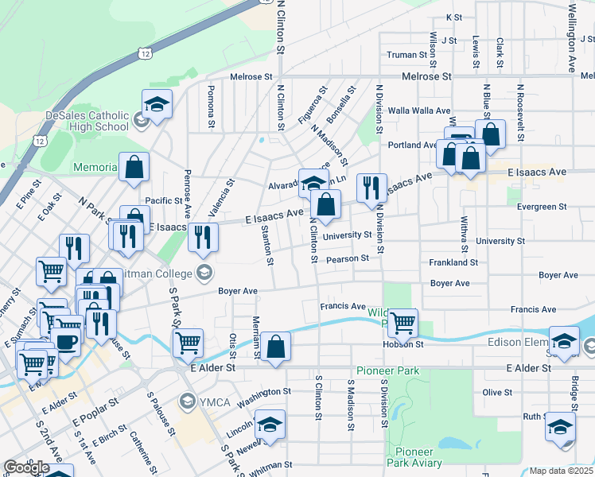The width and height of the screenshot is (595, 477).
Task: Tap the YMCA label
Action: point(215,399)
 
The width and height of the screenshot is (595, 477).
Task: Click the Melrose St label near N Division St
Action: point(426,76)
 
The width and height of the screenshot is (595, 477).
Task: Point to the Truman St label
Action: point(407,55)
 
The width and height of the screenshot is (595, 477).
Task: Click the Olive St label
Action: point(497,392)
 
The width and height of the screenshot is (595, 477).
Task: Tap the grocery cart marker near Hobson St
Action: point(402,323)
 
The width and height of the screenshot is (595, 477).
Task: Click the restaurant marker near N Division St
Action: point(371,188)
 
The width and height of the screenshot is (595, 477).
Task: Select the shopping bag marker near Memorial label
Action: point(134,167)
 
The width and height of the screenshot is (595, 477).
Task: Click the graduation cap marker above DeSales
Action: point(157,104)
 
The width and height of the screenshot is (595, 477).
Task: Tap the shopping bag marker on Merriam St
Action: point(275,347)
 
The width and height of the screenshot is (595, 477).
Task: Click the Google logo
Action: point(26,468)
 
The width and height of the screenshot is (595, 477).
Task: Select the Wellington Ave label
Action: point(572,38)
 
